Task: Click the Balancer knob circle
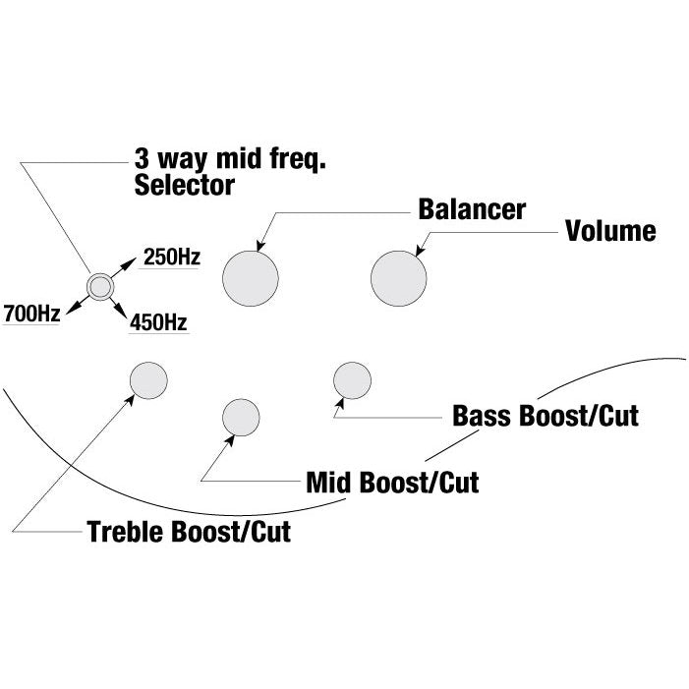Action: (x=252, y=278)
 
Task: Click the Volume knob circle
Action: (x=399, y=278)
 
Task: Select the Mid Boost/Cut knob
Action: (x=241, y=418)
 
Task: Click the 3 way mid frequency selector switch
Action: (x=99, y=285)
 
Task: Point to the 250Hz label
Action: (x=172, y=258)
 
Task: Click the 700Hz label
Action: (x=32, y=315)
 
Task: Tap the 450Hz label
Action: (x=159, y=321)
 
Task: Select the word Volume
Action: (x=610, y=232)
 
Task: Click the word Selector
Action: (x=184, y=185)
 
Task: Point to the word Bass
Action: (x=482, y=416)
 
